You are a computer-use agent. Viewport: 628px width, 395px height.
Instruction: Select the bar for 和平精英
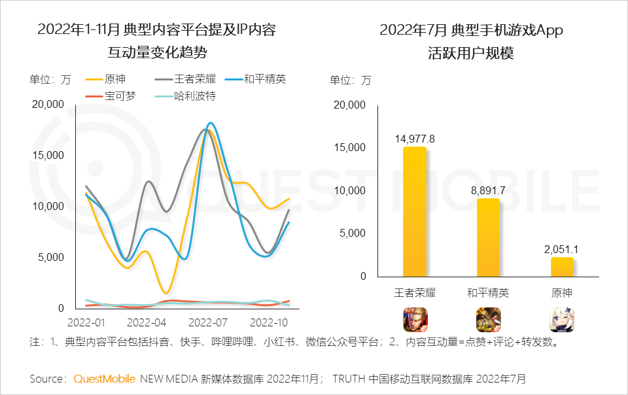click(x=488, y=237)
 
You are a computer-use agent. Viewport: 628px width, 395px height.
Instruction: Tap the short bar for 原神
click(x=562, y=266)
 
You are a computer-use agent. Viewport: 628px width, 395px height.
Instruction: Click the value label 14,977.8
click(x=415, y=139)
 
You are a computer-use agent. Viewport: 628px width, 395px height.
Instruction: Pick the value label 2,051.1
click(x=562, y=249)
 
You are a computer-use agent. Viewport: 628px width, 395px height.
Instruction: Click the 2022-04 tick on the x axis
click(x=147, y=323)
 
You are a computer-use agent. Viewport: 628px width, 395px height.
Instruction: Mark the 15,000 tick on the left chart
click(x=48, y=155)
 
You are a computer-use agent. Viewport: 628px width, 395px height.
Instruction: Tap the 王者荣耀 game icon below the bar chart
click(x=415, y=319)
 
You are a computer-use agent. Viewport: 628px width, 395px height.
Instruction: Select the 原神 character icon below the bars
click(x=562, y=319)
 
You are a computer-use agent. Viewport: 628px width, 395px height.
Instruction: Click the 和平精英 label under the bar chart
click(x=488, y=292)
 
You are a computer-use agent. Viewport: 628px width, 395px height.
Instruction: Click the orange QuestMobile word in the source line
click(x=105, y=379)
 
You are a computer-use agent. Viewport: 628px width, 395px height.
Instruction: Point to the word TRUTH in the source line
click(x=349, y=379)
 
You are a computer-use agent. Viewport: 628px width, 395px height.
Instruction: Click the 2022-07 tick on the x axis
click(x=208, y=323)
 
